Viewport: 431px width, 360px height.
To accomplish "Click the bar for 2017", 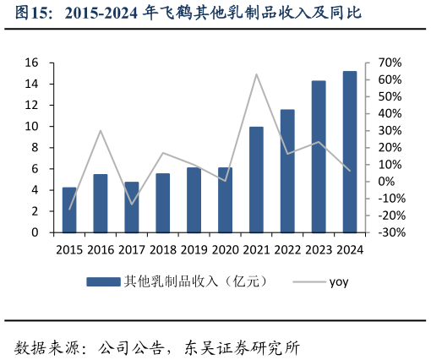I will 132,207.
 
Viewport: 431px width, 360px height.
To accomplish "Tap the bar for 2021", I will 256,179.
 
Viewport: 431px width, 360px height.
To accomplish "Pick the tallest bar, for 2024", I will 349,152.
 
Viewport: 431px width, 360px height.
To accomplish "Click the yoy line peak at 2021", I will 256,74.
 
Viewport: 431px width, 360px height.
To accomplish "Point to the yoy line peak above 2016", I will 101,130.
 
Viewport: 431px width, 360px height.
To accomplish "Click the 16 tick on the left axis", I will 31,63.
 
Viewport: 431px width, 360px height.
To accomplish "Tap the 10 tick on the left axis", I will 31,127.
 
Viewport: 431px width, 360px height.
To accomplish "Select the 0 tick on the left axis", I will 35,232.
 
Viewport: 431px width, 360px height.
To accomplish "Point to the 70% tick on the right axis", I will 380,63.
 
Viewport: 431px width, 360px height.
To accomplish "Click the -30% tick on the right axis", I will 380,232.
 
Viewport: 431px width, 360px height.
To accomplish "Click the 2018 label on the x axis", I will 162,249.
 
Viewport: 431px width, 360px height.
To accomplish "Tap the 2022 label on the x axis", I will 287,249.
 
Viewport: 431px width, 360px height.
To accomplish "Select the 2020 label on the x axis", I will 225,249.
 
